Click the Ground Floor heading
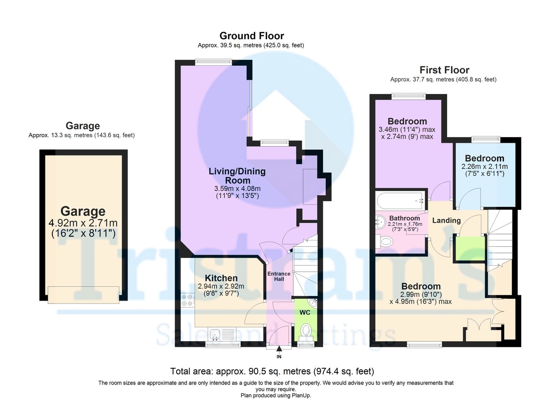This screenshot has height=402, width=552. coord(251,36)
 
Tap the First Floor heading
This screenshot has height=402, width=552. coord(444,70)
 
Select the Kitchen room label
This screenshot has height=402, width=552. coord(221,278)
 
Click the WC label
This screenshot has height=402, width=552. coord(304,312)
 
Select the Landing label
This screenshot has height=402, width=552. coord(447,221)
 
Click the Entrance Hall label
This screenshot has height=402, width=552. coord(279,277)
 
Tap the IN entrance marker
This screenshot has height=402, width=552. coord(279,357)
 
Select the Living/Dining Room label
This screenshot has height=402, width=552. coord(237,176)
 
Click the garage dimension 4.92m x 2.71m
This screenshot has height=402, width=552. coord(83,223)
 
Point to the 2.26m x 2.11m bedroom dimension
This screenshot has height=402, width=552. coord(484,167)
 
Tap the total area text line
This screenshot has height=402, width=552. coord(272,371)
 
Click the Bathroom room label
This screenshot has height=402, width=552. coord(404,218)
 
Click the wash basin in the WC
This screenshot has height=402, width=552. coord(313,303)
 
